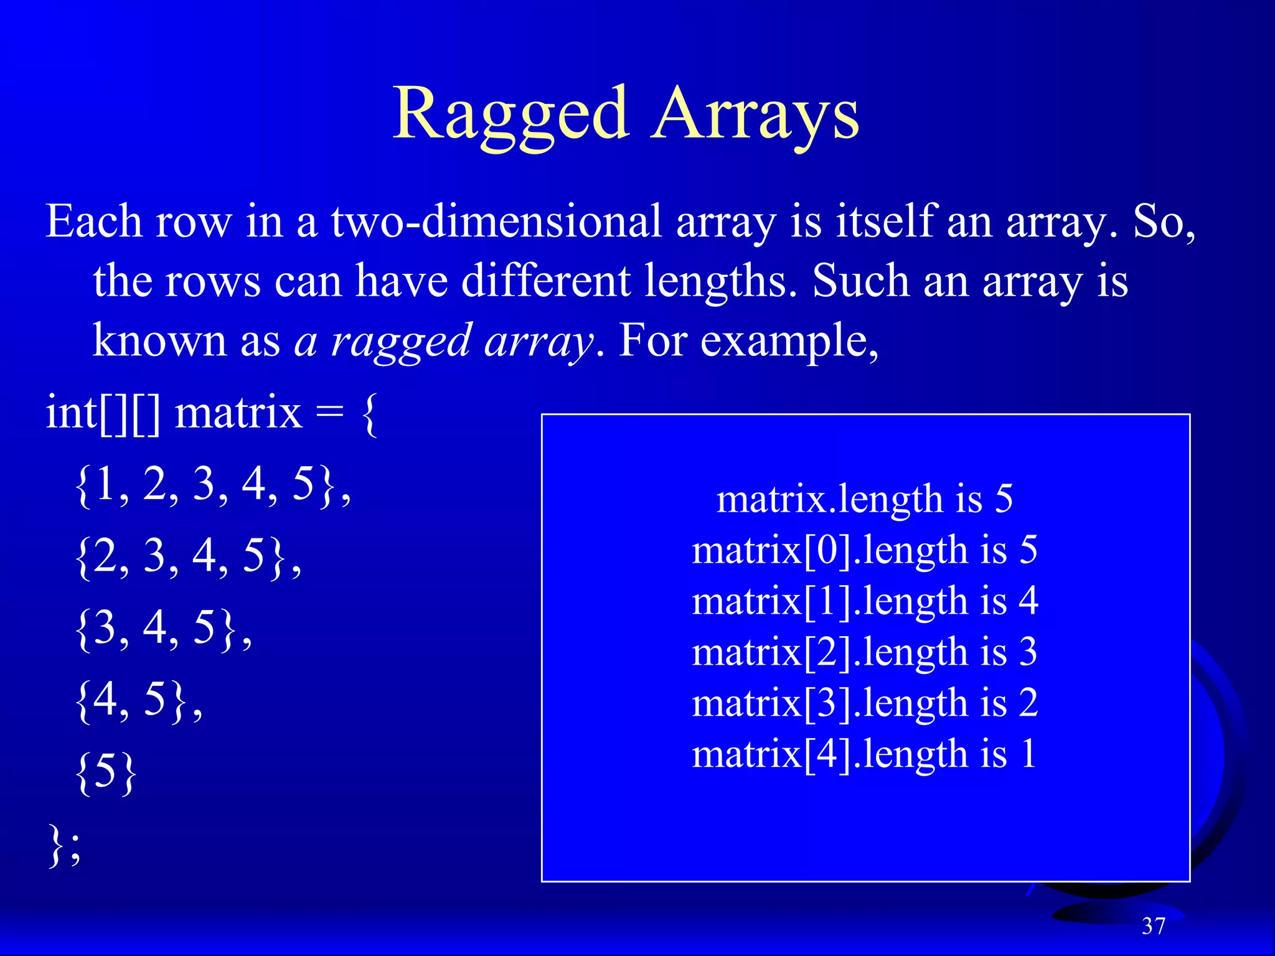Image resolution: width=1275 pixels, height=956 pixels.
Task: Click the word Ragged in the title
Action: pos(510,115)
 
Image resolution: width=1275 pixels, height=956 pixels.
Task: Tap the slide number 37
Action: pos(1153,926)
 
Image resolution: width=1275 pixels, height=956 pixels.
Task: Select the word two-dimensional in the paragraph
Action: pos(496,222)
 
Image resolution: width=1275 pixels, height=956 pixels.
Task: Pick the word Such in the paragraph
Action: pos(860,281)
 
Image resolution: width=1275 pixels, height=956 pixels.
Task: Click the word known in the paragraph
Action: pos(159,341)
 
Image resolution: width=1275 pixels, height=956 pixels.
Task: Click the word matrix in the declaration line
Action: pos(238,413)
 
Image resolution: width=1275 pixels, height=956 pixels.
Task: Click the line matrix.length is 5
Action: pos(865,499)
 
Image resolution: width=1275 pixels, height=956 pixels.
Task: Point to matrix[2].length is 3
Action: pos(865,652)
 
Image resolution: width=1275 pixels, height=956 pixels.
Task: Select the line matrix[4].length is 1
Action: pos(865,754)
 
